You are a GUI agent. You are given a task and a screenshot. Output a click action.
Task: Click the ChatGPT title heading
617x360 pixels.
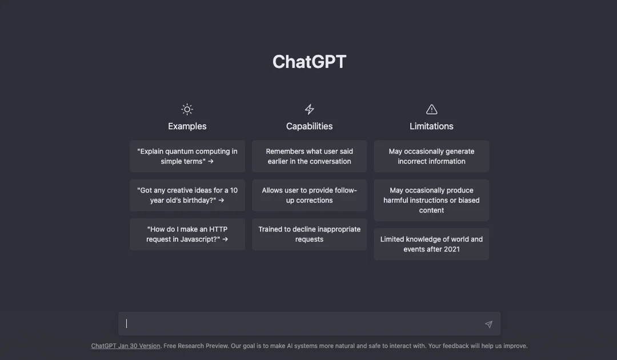coord(309,62)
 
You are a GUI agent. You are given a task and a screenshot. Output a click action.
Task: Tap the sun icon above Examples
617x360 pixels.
coord(187,109)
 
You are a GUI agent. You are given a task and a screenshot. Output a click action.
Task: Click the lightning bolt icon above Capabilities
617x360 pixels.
coord(310,109)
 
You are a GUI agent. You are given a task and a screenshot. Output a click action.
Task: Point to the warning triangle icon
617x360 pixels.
coord(432,109)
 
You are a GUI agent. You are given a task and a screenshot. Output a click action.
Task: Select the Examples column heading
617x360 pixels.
coord(187,126)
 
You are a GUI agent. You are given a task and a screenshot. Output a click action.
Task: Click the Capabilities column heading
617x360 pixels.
coord(309,126)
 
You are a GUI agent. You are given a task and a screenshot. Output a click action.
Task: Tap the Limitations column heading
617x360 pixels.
coord(432,126)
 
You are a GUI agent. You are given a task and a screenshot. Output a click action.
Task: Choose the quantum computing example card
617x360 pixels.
coord(187,156)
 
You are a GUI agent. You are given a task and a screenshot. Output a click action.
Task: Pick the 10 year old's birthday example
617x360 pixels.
coord(187,195)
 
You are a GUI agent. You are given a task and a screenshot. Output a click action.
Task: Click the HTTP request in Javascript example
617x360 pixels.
coord(187,234)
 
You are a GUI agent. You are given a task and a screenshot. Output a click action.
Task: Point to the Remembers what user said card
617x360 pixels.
coord(309,156)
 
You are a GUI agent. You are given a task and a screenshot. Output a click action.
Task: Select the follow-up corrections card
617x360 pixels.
coord(309,195)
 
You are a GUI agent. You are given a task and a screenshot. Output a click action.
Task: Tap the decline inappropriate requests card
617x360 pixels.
coord(309,234)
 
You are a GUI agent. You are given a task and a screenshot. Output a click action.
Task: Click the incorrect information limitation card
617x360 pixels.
coord(432,156)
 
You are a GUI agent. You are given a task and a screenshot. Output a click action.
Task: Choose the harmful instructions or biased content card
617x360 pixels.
coord(432,200)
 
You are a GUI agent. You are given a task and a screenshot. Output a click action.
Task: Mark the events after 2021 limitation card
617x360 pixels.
coord(432,244)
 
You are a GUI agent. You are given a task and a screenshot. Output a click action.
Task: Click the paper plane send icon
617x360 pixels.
coord(488,324)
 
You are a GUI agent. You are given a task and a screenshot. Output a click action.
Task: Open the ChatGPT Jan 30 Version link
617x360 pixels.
coord(126,346)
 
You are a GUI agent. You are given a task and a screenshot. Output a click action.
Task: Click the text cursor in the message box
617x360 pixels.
coord(126,323)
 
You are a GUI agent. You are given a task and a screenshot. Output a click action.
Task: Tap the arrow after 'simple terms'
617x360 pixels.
coord(210,161)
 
